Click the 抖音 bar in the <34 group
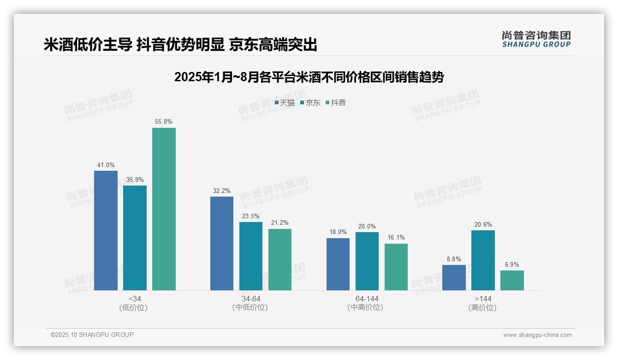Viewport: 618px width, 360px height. click(x=164, y=209)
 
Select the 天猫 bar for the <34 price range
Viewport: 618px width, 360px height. click(x=106, y=230)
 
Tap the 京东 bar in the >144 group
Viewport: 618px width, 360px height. click(x=483, y=260)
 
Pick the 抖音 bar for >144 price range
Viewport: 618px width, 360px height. click(x=512, y=280)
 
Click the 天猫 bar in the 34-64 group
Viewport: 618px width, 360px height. click(x=222, y=243)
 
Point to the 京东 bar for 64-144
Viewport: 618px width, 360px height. click(x=367, y=261)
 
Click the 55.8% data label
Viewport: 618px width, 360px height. click(x=164, y=122)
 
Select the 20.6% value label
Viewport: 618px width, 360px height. click(x=483, y=225)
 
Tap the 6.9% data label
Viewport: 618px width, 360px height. click(x=512, y=265)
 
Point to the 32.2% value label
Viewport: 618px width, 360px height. click(x=222, y=191)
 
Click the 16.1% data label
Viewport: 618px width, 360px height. click(x=396, y=238)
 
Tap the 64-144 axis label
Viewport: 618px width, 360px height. click(x=367, y=299)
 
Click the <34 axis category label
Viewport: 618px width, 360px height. click(x=135, y=299)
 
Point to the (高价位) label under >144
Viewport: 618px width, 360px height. click(x=482, y=308)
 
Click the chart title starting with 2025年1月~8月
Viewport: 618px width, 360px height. click(x=309, y=77)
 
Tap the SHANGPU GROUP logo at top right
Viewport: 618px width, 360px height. click(x=536, y=39)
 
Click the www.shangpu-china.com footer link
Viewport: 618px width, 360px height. click(x=537, y=335)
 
